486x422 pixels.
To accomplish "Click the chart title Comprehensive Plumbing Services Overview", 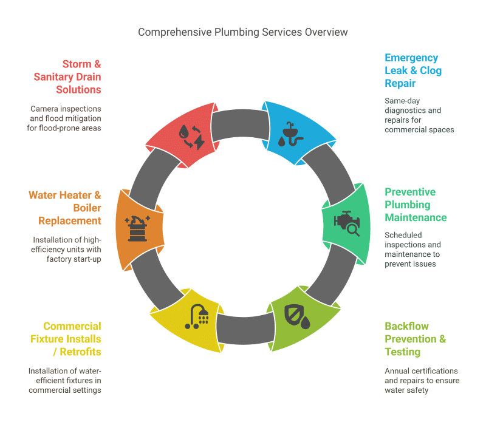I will point(243,32).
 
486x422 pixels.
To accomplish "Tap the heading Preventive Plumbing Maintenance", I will point(416,205).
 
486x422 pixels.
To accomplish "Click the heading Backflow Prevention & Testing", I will point(415,339).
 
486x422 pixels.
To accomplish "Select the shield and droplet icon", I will point(297,316).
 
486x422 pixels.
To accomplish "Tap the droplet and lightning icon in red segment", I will point(191,137).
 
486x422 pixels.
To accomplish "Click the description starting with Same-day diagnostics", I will point(419,115).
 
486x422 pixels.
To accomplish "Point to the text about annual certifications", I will point(421,380).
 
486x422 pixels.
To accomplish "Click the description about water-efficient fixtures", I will point(64,380).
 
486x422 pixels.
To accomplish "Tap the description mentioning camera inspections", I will point(66,118).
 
